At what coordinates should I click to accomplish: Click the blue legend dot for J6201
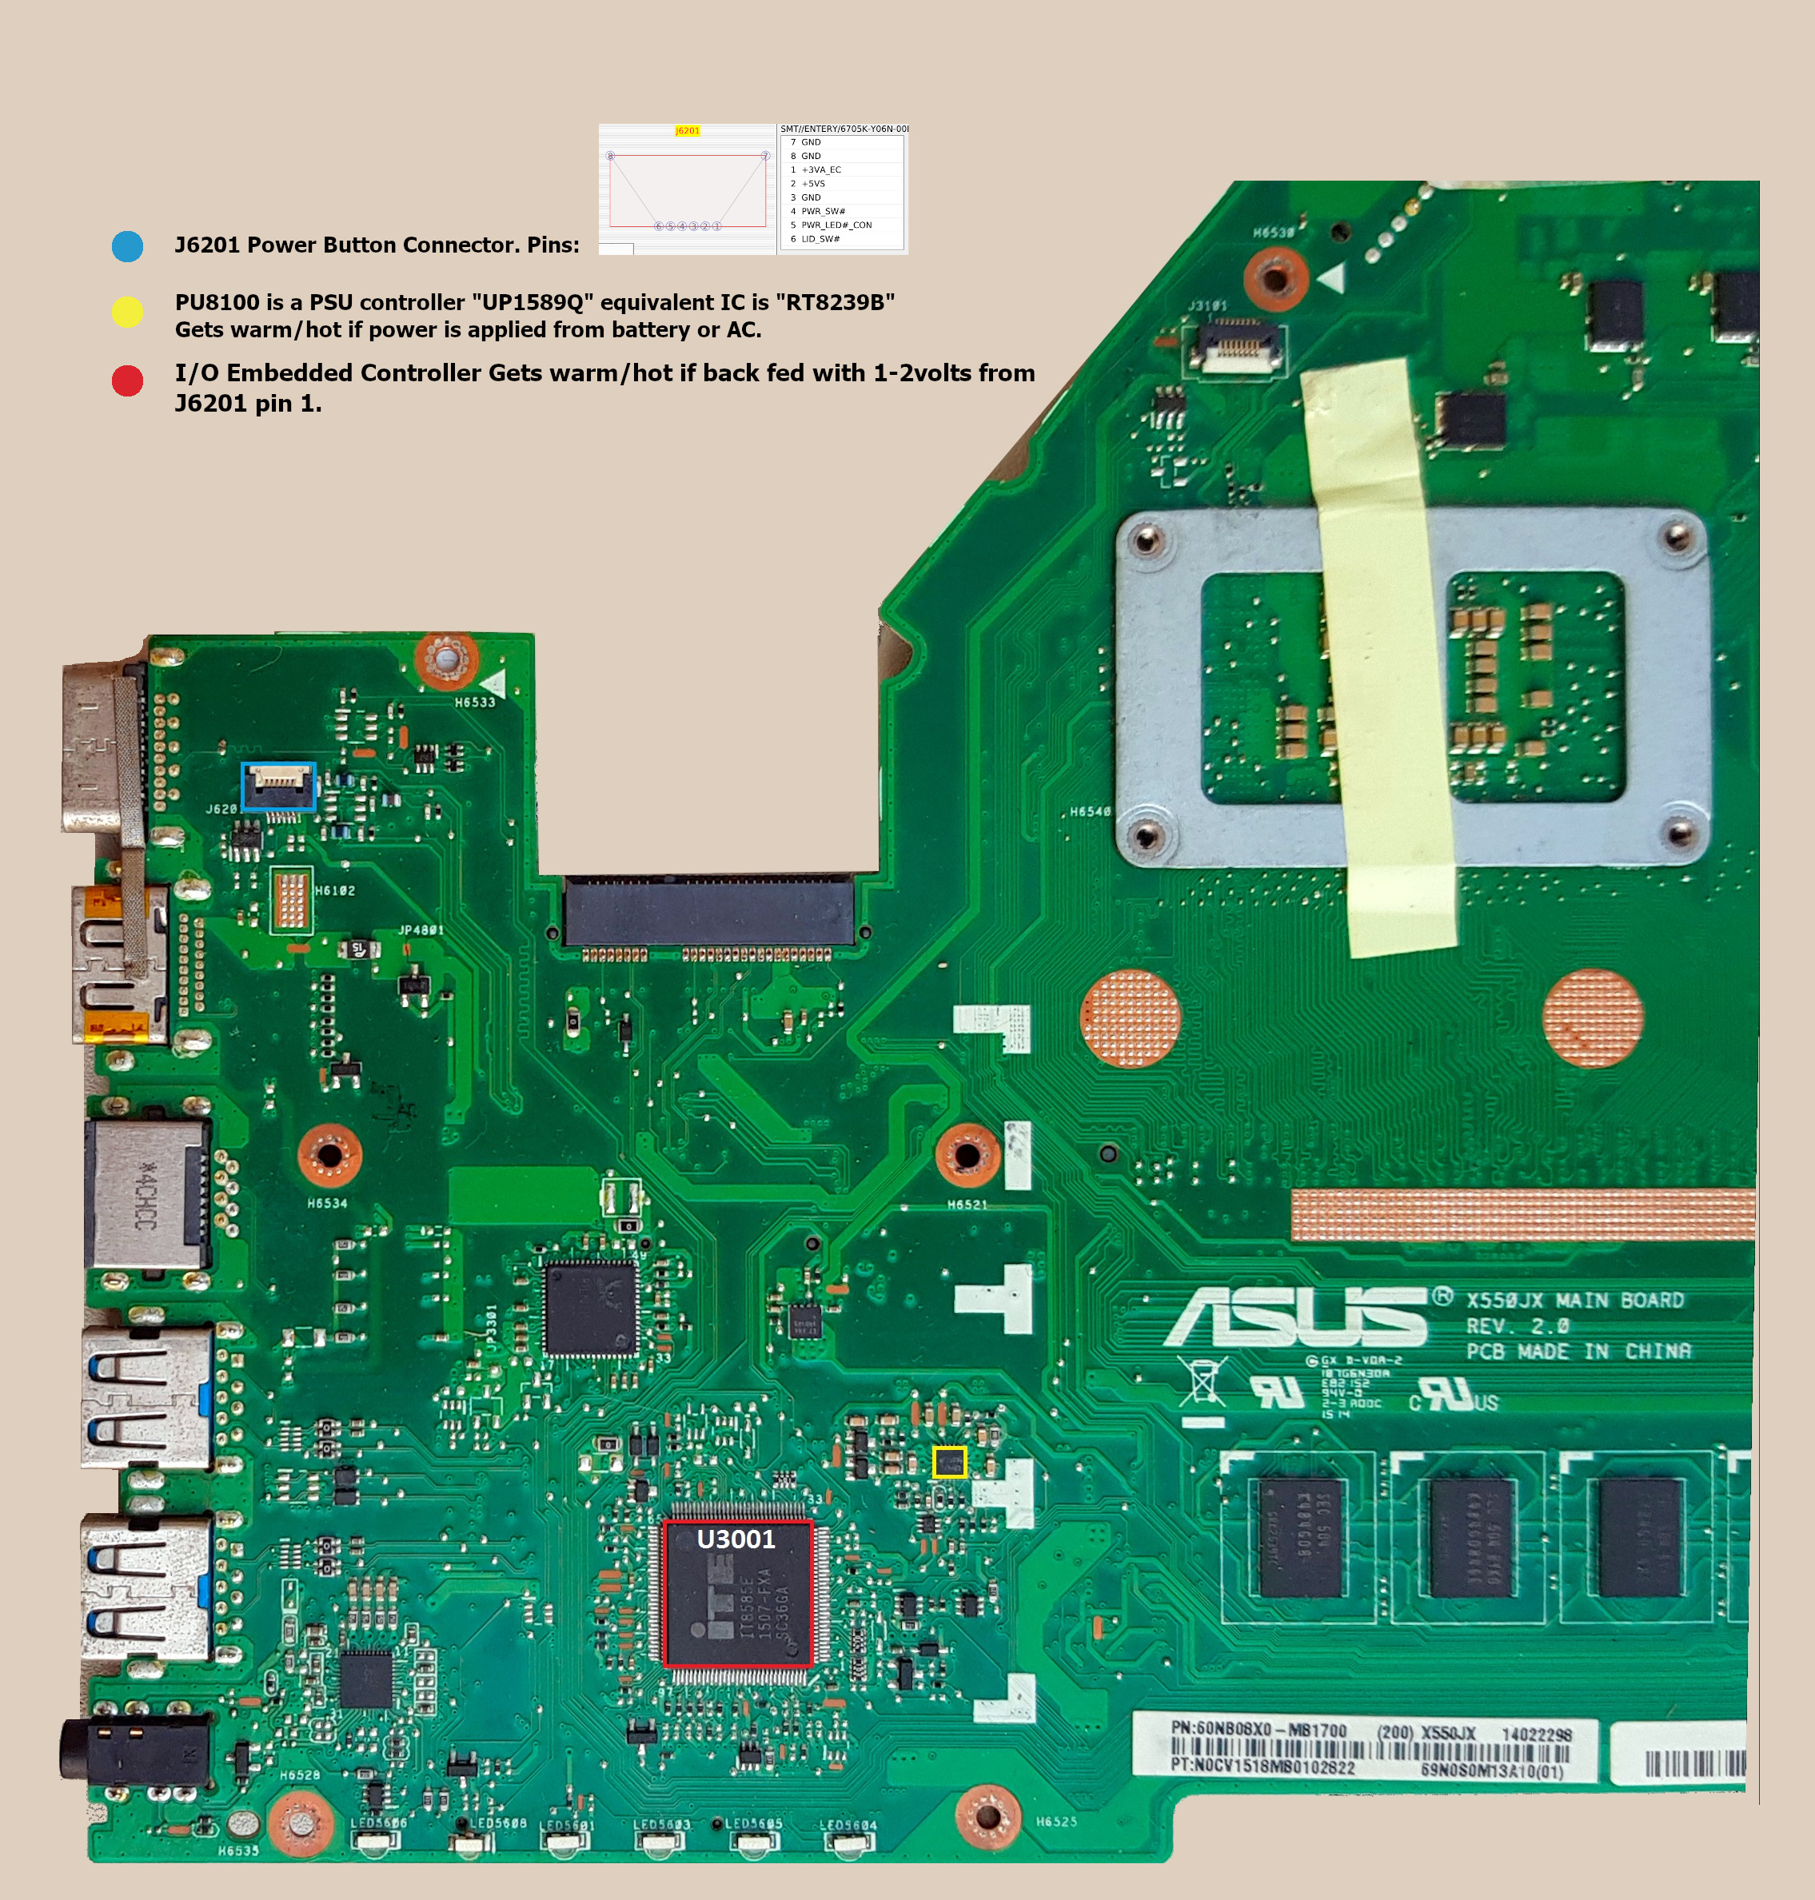127,245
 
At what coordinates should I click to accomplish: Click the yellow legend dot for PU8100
127,312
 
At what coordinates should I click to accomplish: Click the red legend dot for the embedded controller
127,380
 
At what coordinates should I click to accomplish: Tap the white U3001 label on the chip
736,1538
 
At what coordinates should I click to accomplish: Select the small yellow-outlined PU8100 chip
949,1462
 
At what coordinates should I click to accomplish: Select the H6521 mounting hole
967,1155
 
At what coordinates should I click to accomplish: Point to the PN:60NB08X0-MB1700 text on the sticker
1258,1729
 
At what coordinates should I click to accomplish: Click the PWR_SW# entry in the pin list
823,211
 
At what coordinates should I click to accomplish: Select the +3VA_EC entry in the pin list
820,169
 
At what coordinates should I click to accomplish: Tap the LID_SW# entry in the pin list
820,239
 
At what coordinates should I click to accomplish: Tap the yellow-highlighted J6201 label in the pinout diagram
687,130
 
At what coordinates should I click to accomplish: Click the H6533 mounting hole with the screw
446,659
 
